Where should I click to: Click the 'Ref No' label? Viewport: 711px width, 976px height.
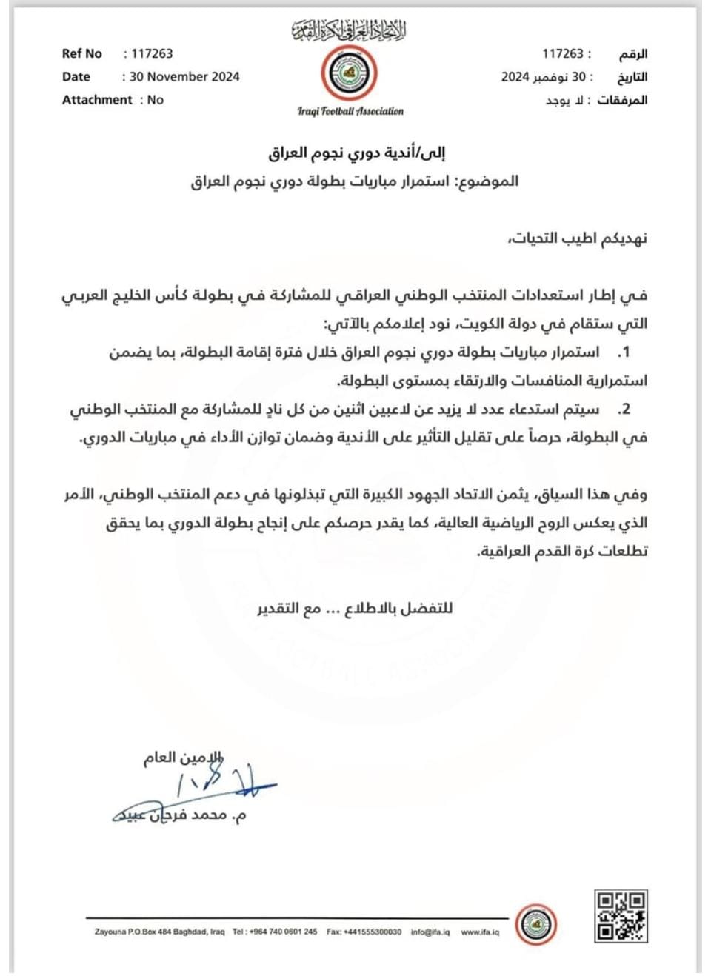[x=81, y=53]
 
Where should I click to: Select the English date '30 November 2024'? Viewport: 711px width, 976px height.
[x=184, y=76]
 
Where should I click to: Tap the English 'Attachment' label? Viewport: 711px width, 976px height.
[x=97, y=100]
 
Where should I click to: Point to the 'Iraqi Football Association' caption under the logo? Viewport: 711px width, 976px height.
[x=350, y=111]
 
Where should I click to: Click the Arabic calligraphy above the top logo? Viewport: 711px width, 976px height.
[x=349, y=30]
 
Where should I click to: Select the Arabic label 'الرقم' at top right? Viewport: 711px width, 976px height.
[x=633, y=53]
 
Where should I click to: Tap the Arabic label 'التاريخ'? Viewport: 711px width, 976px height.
[x=632, y=77]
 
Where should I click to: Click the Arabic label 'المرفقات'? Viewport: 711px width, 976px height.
[x=622, y=100]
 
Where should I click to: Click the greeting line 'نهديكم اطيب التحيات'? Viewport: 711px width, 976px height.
[x=578, y=238]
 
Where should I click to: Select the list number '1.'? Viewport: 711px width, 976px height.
[x=624, y=352]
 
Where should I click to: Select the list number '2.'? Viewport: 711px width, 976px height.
[x=624, y=410]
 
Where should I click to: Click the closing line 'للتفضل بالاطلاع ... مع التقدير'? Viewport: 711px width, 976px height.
[x=355, y=609]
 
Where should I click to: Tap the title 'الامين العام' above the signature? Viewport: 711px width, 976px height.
[x=182, y=758]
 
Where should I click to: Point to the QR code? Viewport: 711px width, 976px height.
[x=621, y=916]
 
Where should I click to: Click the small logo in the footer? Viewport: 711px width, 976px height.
[x=536, y=924]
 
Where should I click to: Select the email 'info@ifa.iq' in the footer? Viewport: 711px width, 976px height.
[x=430, y=932]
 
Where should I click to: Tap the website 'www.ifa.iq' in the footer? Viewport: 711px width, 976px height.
[x=480, y=932]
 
